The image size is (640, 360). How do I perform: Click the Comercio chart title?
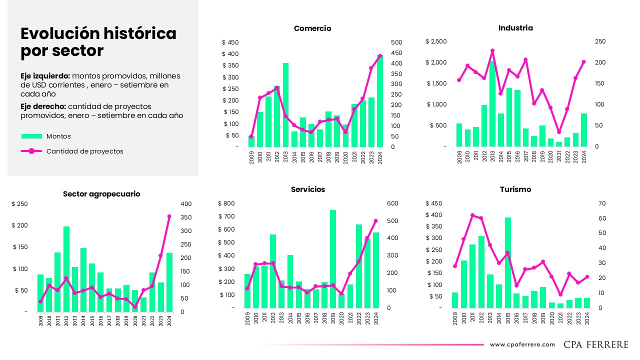pyautogui.click(x=312, y=28)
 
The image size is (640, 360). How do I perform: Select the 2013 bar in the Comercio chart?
pyautogui.click(x=286, y=105)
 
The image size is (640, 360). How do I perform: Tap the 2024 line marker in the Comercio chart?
pyautogui.click(x=380, y=56)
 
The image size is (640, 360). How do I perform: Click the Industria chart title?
pyautogui.click(x=515, y=28)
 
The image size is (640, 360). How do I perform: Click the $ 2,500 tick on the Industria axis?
pyautogui.click(x=436, y=41)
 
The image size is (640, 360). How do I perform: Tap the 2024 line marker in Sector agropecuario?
pyautogui.click(x=169, y=216)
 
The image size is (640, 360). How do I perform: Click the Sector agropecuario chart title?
pyautogui.click(x=101, y=194)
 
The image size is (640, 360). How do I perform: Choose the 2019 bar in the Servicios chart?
pyautogui.click(x=333, y=258)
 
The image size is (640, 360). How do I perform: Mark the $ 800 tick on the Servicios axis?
pyautogui.click(x=226, y=203)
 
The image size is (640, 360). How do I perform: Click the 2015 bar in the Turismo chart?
pyautogui.click(x=507, y=262)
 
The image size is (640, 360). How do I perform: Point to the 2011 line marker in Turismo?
pyautogui.click(x=472, y=215)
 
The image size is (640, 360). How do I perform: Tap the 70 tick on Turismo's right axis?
pyautogui.click(x=602, y=203)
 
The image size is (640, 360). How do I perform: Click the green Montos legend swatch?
pyautogui.click(x=31, y=136)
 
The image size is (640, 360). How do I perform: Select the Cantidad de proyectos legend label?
pyautogui.click(x=84, y=151)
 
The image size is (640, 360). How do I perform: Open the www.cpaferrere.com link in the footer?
pyautogui.click(x=522, y=344)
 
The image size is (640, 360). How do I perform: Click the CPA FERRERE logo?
pyautogui.click(x=596, y=344)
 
